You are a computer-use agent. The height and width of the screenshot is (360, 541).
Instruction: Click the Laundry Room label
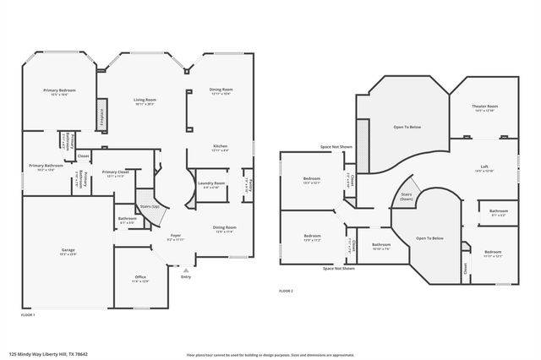(x=210, y=184)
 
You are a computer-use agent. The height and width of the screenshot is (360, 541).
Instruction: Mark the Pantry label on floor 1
(x=249, y=185)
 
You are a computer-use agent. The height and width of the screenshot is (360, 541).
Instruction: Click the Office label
(x=140, y=278)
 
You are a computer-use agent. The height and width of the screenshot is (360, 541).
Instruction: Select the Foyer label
(x=175, y=237)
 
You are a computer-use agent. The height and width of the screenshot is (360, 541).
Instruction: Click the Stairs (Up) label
(x=149, y=205)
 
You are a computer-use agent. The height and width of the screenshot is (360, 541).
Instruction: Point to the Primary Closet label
(x=115, y=173)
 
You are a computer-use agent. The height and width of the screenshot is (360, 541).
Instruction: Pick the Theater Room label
(x=484, y=107)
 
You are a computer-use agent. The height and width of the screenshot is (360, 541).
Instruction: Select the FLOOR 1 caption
(x=27, y=314)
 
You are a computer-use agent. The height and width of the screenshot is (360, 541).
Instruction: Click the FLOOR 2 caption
(x=286, y=290)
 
